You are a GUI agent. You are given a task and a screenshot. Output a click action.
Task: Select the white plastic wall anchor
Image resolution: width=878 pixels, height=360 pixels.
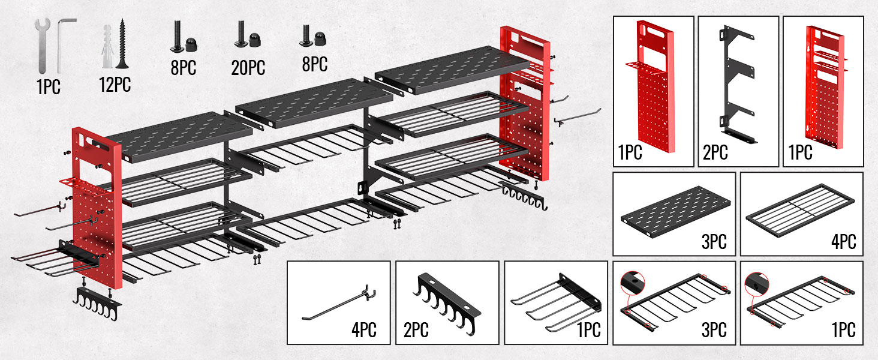coord(107,46)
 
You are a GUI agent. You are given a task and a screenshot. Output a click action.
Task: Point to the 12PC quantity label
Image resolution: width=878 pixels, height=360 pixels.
coord(115,85)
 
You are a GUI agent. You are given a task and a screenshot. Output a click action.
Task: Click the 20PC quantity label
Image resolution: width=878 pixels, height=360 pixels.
coord(248,67)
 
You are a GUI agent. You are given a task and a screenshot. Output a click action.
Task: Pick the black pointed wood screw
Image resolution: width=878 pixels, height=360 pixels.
coord(122,43)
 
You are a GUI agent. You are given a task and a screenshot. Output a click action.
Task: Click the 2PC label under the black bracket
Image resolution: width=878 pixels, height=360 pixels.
coord(715,152)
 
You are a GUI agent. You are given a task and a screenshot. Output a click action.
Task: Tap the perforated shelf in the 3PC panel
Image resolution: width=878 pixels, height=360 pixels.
coord(675,212)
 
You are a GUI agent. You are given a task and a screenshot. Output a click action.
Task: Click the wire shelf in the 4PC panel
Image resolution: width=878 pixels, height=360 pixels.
coord(800,210)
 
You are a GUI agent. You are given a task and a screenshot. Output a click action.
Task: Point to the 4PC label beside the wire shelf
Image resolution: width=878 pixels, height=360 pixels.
coord(844,242)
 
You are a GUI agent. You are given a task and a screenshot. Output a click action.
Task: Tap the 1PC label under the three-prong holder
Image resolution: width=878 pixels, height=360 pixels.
coord(589,330)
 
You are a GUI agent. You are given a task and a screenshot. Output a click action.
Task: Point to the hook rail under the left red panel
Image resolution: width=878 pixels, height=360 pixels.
coord(97,302)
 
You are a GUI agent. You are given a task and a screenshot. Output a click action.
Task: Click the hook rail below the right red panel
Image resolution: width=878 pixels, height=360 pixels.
coord(524,194)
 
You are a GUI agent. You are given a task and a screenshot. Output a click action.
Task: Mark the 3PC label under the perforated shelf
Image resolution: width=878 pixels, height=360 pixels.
coord(714,242)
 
